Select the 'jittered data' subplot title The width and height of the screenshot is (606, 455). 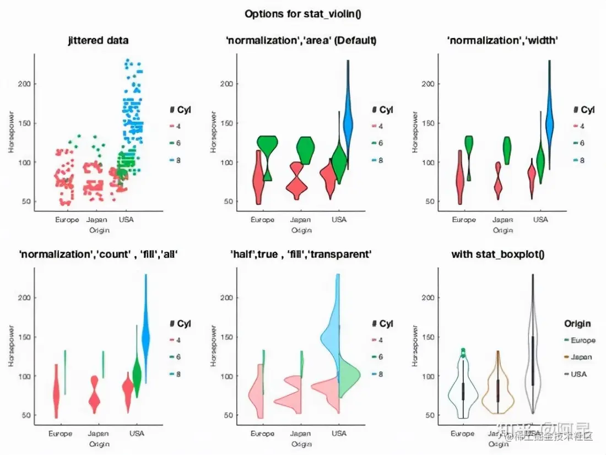(x=98, y=40)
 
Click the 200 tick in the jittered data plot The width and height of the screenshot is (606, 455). (x=26, y=84)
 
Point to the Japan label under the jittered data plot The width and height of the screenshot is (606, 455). (x=97, y=220)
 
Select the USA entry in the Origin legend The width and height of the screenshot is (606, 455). (x=579, y=374)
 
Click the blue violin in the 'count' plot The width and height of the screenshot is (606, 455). (x=146, y=336)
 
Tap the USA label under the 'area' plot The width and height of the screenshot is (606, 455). (x=339, y=220)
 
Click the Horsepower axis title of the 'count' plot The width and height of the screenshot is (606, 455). (x=10, y=345)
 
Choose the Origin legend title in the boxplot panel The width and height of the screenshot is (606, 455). (x=577, y=324)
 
